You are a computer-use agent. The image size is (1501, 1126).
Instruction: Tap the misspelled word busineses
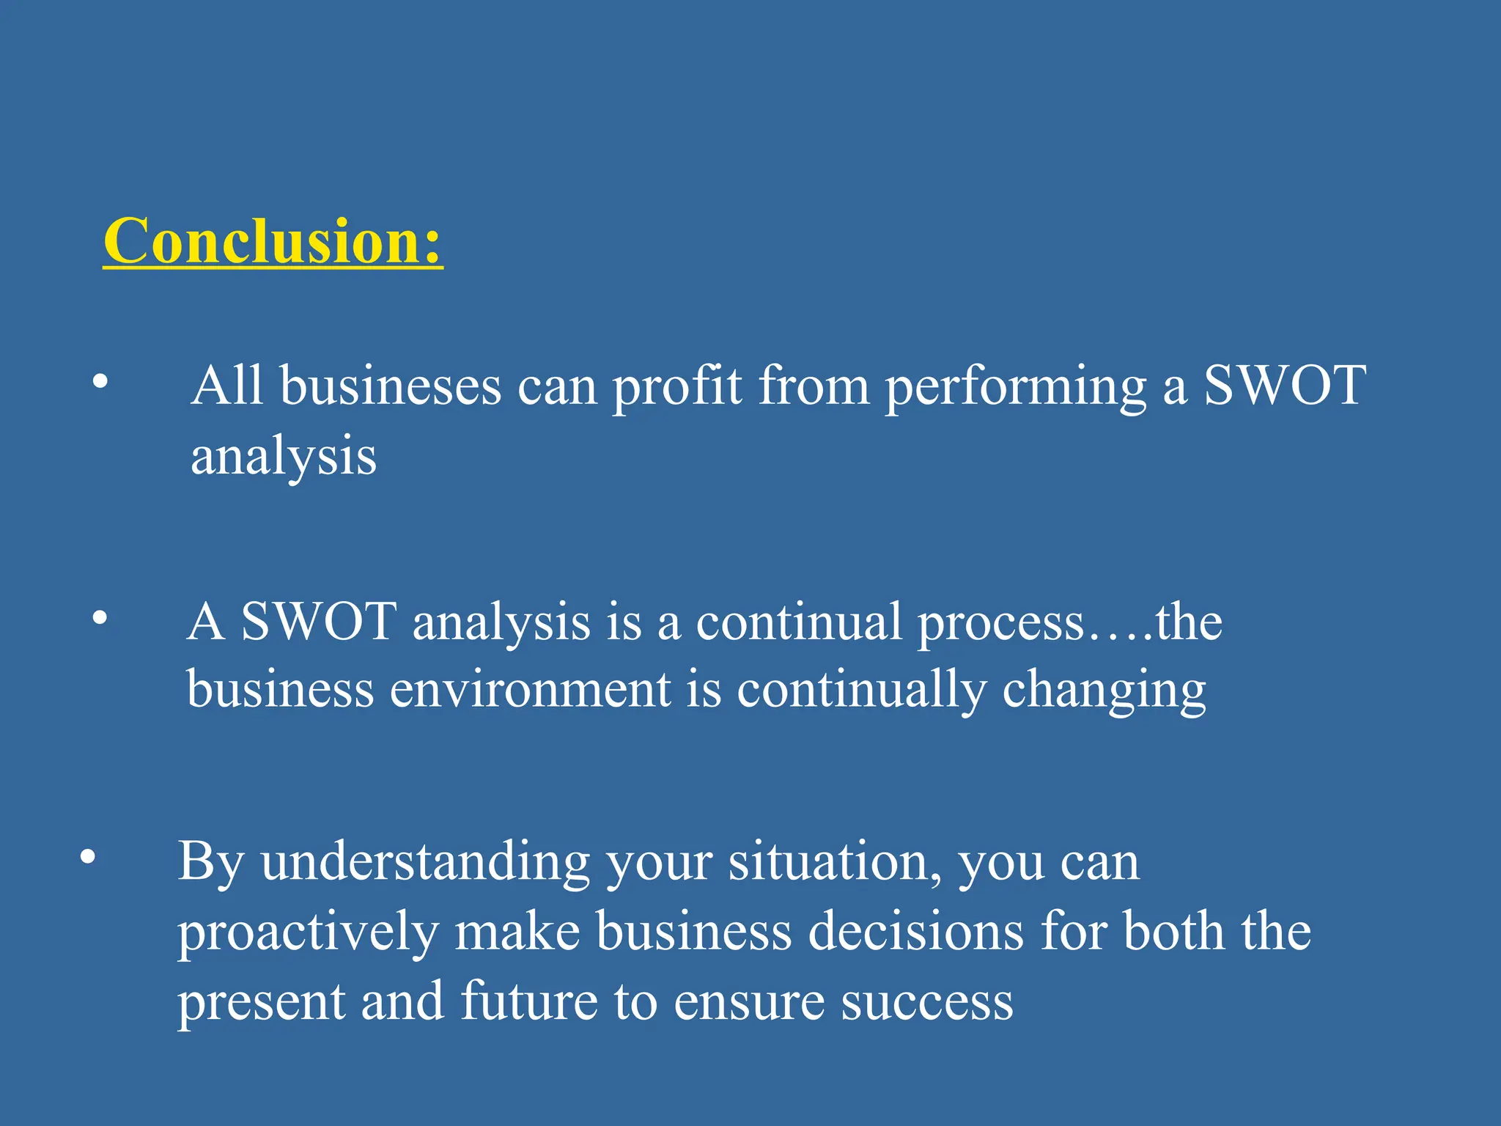pyautogui.click(x=391, y=386)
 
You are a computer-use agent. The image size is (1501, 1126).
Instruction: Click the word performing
pyautogui.click(x=1016, y=386)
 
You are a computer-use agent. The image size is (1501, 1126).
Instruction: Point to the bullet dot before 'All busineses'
pyautogui.click(x=100, y=381)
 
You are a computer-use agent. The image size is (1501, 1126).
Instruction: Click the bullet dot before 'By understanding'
pyautogui.click(x=88, y=857)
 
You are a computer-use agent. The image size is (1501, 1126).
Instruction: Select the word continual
pyautogui.click(x=798, y=622)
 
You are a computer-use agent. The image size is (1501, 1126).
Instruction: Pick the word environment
pyautogui.click(x=530, y=690)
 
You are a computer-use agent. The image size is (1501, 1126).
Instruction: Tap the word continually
pyautogui.click(x=861, y=690)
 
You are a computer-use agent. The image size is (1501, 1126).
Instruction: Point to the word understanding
pyautogui.click(x=425, y=861)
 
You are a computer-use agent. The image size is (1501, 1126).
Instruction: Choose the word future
pyautogui.click(x=528, y=1001)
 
